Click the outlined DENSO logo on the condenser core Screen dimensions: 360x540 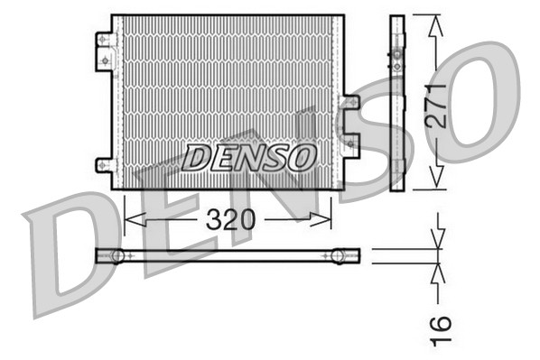pos(248,158)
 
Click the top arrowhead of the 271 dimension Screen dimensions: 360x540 pos(436,22)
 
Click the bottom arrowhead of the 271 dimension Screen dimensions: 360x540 pos(436,183)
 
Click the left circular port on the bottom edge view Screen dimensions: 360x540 pos(117,256)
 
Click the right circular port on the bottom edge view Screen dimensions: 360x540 pos(339,256)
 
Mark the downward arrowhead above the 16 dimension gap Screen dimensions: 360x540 pos(438,242)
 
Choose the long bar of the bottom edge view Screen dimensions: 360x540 pos(226,256)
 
